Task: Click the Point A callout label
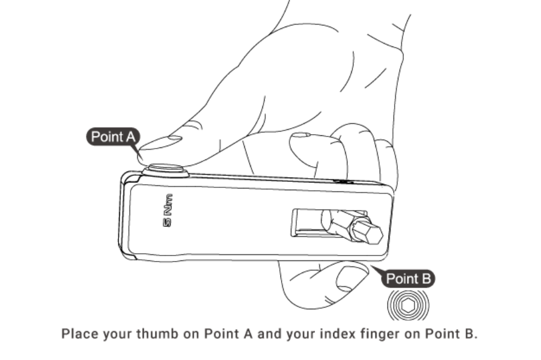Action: coord(113,137)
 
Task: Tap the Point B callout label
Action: coord(408,278)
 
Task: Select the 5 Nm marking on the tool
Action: coord(167,210)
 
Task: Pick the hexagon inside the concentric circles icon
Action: coord(408,306)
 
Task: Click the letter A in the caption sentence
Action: coord(248,334)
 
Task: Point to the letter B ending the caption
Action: coord(469,334)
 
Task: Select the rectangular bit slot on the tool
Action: coord(329,223)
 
